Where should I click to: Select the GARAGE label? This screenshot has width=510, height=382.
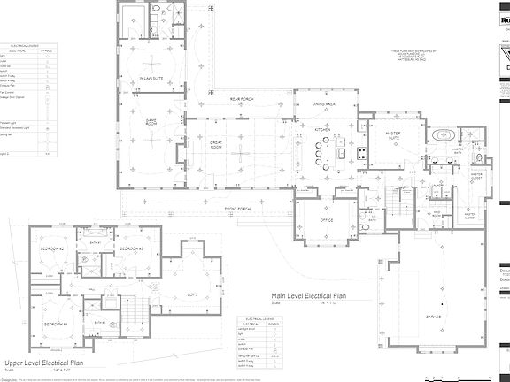point(432,315)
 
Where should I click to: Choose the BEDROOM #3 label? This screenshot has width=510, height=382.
point(131,250)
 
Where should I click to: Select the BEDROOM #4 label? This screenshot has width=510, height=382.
point(55,324)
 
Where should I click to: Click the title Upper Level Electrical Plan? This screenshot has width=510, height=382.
point(44,363)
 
